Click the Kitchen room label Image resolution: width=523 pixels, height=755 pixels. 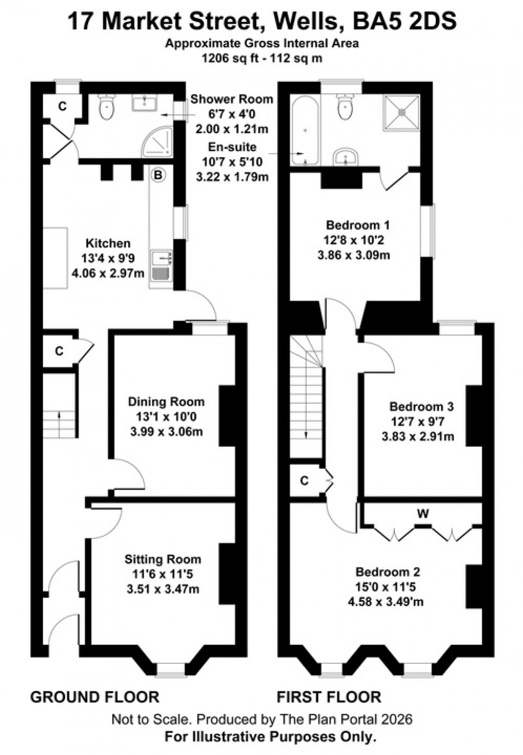click(108, 243)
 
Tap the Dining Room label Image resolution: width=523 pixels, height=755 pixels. click(166, 402)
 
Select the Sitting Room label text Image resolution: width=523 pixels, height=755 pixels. click(163, 559)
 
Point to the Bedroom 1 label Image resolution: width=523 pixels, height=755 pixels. click(358, 225)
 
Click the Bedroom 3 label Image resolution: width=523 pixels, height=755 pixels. click(421, 407)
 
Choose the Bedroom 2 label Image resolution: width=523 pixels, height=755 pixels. click(388, 572)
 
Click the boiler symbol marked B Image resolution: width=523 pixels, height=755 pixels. click(158, 176)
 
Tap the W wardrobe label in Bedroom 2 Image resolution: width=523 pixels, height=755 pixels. click(422, 514)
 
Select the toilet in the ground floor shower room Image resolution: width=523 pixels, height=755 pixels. click(107, 108)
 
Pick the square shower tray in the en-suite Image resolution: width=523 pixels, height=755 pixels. click(402, 111)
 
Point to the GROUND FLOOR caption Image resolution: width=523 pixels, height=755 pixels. click(95, 697)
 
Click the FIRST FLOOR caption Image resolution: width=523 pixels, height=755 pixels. click(329, 697)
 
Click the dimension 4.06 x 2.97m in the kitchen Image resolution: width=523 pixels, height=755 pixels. click(108, 273)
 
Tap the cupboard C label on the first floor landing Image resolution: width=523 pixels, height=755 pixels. click(304, 481)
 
